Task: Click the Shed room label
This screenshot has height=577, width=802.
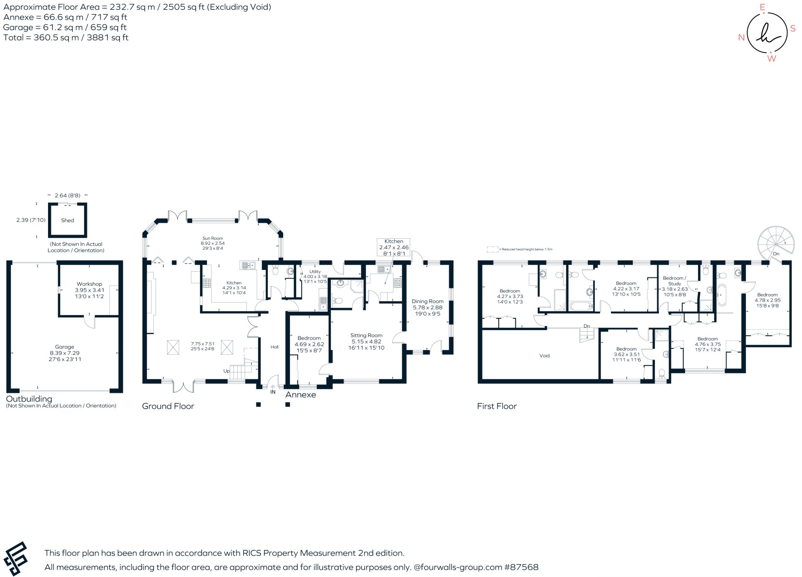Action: pyautogui.click(x=67, y=220)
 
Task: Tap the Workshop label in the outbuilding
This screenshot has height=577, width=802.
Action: pyautogui.click(x=89, y=284)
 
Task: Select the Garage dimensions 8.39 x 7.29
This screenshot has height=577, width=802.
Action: pyautogui.click(x=64, y=353)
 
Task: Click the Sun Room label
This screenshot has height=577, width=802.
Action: pyautogui.click(x=213, y=238)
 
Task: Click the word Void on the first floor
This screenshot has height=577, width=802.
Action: pyautogui.click(x=544, y=355)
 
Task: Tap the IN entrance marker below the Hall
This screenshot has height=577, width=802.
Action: pyautogui.click(x=273, y=392)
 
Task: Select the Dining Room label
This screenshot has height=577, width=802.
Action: pyautogui.click(x=427, y=301)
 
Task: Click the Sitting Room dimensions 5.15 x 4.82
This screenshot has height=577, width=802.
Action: pyautogui.click(x=366, y=341)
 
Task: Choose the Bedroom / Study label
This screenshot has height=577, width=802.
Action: pyautogui.click(x=674, y=280)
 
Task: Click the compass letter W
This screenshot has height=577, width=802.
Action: pyautogui.click(x=772, y=59)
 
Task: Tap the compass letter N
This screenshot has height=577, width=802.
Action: pyautogui.click(x=741, y=38)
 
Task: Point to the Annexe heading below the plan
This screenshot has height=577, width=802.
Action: pyautogui.click(x=300, y=395)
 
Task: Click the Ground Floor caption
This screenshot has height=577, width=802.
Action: pyautogui.click(x=168, y=406)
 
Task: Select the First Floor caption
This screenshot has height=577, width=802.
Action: pyautogui.click(x=497, y=406)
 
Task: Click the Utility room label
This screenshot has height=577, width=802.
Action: pyautogui.click(x=315, y=272)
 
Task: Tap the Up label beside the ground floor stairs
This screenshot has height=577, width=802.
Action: pyautogui.click(x=226, y=370)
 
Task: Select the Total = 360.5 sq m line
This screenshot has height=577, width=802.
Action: pyautogui.click(x=66, y=38)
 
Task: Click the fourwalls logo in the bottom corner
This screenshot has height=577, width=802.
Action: pyautogui.click(x=16, y=559)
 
